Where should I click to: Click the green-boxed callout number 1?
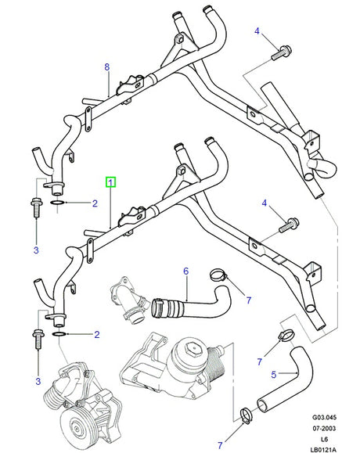110,182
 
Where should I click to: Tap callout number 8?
107,67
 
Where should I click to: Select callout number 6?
186,271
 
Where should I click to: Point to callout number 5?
274,375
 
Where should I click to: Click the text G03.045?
324,417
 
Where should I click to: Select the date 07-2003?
324,428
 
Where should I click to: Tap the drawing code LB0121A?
323,450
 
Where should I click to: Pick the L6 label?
324,439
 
